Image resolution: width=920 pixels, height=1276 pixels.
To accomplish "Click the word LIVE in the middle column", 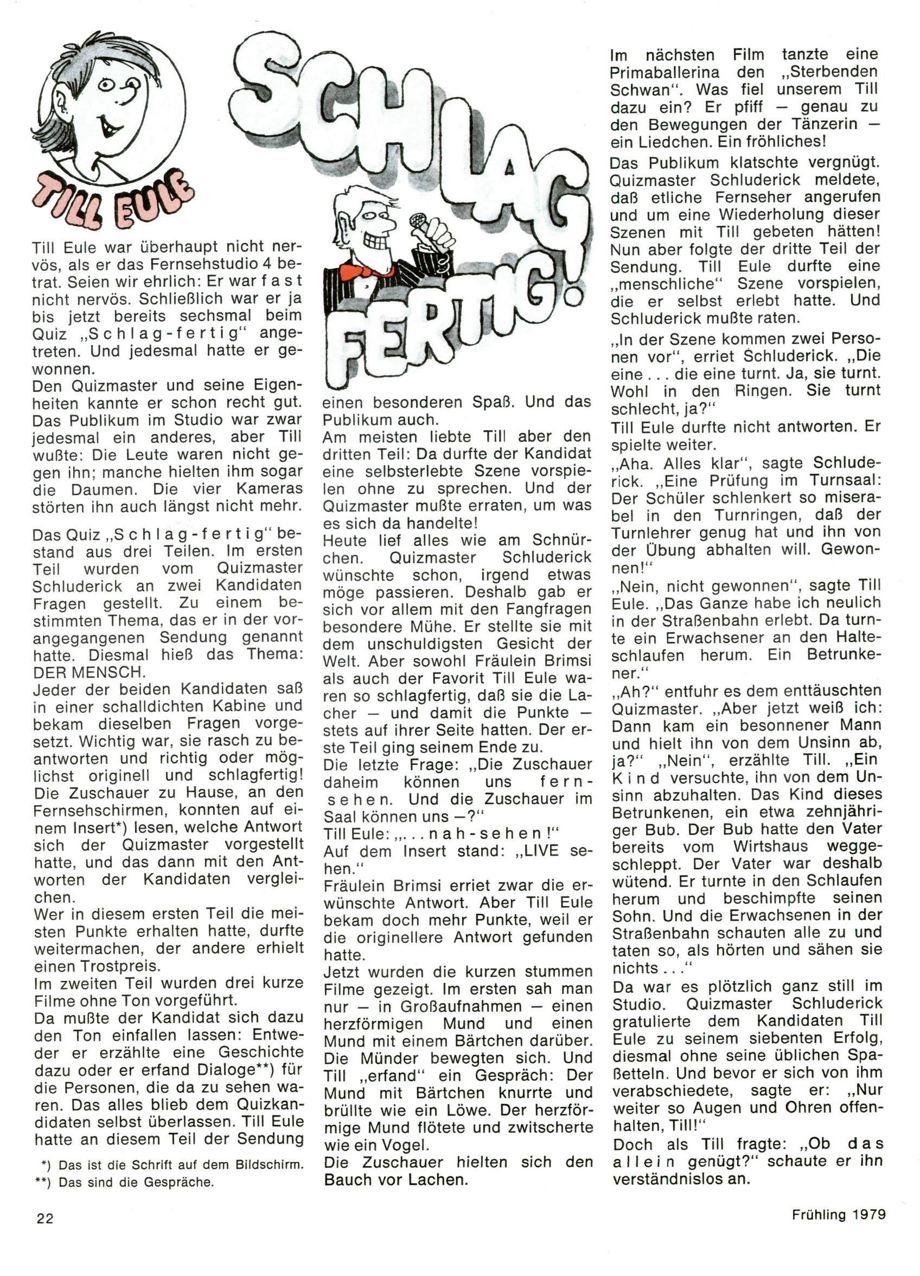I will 540,851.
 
